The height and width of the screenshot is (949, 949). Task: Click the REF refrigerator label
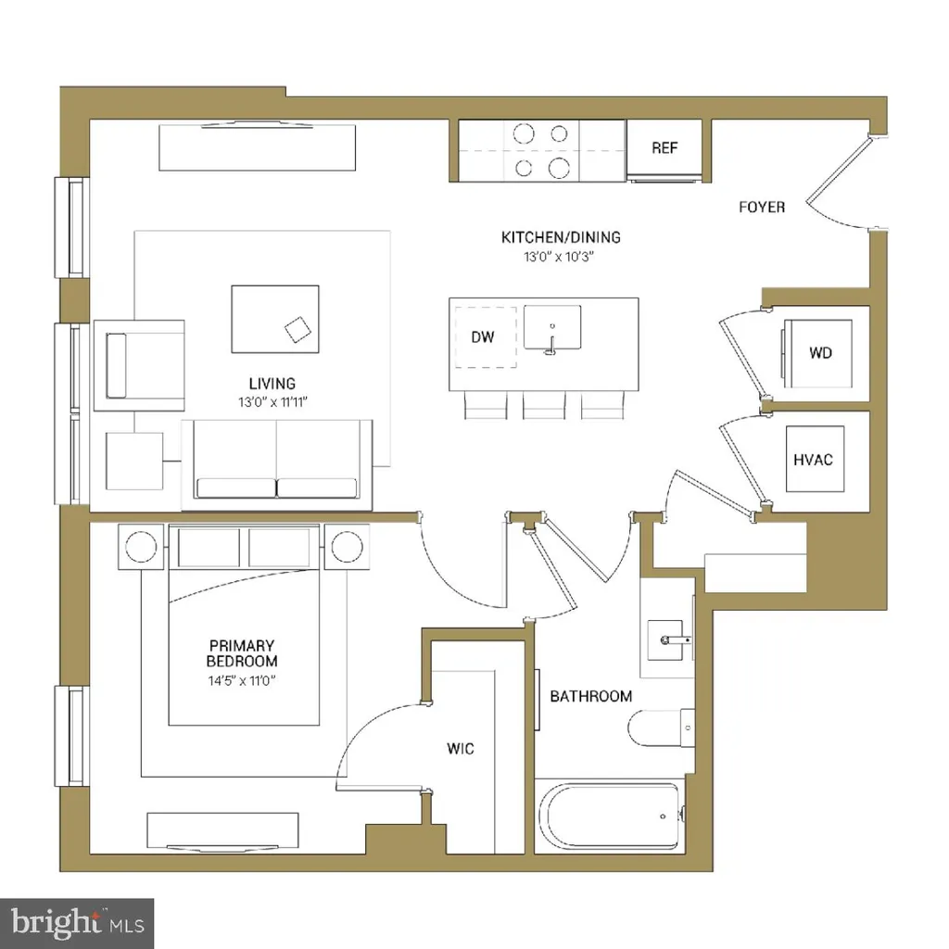664,148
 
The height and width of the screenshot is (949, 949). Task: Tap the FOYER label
762,208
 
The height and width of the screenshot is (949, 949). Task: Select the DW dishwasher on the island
483,337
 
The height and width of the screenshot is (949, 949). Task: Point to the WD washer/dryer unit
819,353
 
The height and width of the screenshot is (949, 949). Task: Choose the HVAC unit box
816,459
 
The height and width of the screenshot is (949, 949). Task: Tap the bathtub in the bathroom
612,816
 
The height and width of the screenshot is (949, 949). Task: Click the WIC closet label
461,749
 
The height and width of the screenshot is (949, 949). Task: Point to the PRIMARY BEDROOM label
242,653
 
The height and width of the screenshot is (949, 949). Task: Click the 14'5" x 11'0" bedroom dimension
242,681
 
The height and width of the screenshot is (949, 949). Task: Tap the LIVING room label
272,383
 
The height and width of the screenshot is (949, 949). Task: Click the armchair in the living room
139,365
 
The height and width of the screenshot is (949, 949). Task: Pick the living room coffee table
275,319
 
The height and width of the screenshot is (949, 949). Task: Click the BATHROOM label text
591,696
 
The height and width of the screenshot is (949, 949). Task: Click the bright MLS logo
76,923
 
